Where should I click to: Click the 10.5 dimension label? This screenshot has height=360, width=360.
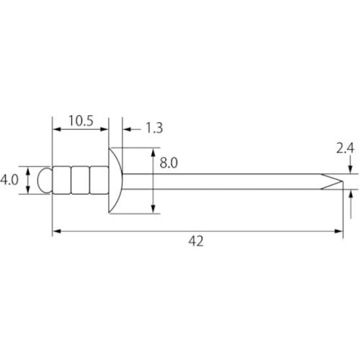81,120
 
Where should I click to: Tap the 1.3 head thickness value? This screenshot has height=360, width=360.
152,128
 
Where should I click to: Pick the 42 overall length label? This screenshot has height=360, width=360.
196,242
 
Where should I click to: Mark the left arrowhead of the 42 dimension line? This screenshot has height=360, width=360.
56,230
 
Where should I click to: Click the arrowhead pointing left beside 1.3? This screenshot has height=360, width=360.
126,129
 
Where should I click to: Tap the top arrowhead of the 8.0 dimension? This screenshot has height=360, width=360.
153,153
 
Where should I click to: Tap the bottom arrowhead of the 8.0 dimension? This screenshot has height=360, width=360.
153,209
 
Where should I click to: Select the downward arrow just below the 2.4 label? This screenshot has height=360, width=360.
351,170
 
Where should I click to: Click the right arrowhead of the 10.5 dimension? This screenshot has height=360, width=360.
104,129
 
